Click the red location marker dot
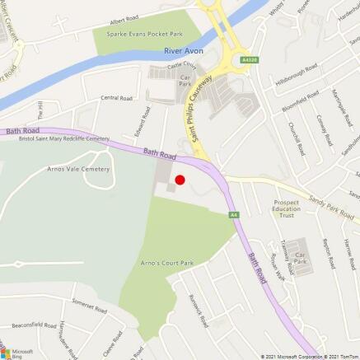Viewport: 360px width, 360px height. point(180,179)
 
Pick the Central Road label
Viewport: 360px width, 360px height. point(116,98)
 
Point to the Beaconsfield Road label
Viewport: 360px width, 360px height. point(33,326)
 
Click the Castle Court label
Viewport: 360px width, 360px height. point(182,64)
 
